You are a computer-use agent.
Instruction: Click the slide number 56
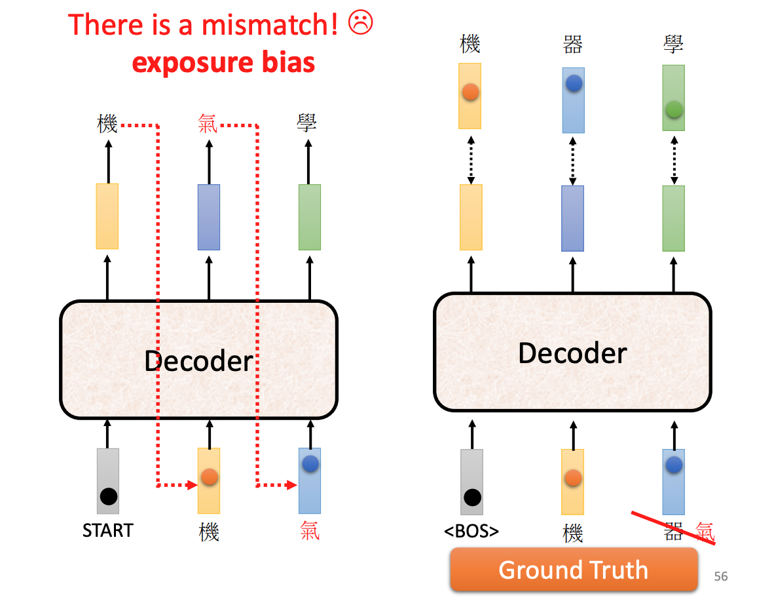pyautogui.click(x=720, y=577)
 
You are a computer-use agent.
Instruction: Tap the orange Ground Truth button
pyautogui.click(x=574, y=570)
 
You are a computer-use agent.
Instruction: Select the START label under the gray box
pyautogui.click(x=108, y=530)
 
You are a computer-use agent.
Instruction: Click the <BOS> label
pyautogui.click(x=471, y=531)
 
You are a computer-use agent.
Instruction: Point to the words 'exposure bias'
pyautogui.click(x=223, y=63)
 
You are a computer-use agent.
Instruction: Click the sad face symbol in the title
pyautogui.click(x=361, y=24)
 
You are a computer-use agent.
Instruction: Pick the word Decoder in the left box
pyautogui.click(x=198, y=361)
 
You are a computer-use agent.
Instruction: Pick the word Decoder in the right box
pyautogui.click(x=572, y=353)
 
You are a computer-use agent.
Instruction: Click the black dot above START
pyautogui.click(x=109, y=496)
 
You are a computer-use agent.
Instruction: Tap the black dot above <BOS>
pyautogui.click(x=472, y=497)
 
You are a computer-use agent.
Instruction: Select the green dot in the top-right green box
pyautogui.click(x=674, y=110)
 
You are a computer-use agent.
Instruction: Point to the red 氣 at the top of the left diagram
pyautogui.click(x=208, y=123)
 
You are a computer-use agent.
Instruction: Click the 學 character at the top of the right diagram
pyautogui.click(x=674, y=45)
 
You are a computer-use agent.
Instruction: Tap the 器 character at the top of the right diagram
pyautogui.click(x=573, y=45)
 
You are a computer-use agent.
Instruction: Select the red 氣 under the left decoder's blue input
pyautogui.click(x=310, y=530)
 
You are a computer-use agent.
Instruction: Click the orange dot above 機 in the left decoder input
pyautogui.click(x=209, y=477)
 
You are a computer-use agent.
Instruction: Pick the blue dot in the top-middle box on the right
pyautogui.click(x=574, y=83)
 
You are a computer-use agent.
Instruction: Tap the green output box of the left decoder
pyautogui.click(x=310, y=217)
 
